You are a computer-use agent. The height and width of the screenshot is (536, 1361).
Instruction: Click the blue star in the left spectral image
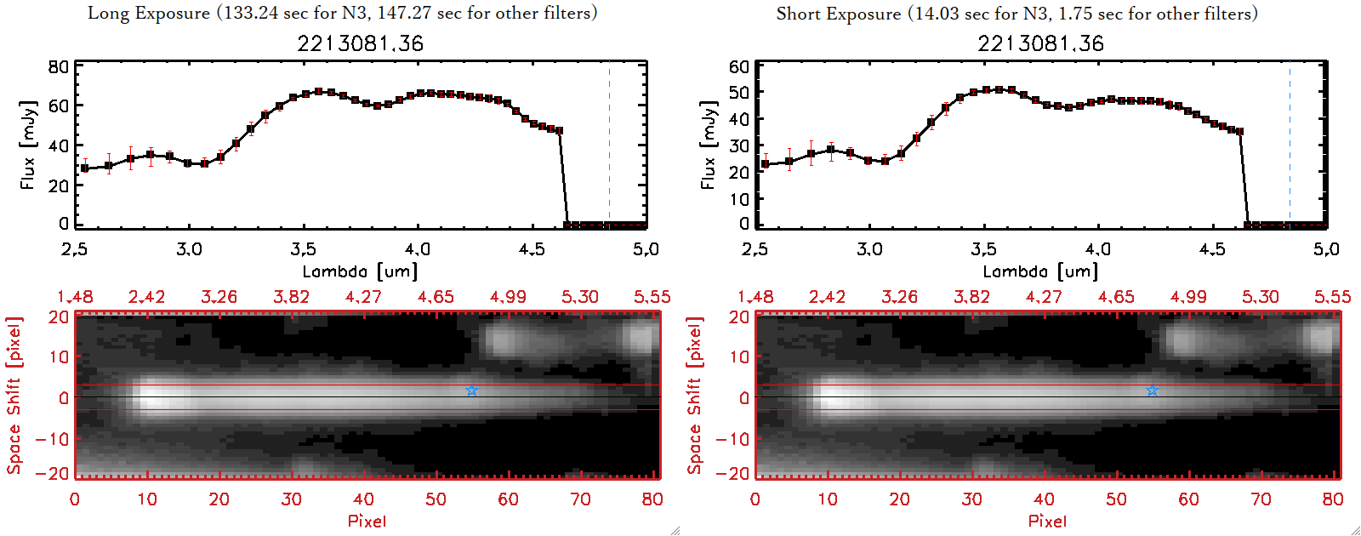click(472, 391)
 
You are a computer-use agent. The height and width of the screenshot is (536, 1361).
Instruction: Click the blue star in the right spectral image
click(1153, 391)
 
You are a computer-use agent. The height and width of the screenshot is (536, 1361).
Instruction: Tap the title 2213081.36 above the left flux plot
click(360, 43)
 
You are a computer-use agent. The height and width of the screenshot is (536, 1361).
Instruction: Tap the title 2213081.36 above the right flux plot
click(1040, 43)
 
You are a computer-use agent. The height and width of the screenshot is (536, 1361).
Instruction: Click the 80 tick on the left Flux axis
click(59, 67)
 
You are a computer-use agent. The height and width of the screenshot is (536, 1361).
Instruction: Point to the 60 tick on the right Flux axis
click(739, 67)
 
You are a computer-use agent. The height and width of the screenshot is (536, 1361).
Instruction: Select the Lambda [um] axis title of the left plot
click(360, 271)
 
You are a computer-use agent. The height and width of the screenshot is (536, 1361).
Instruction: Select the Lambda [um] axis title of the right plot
click(1040, 271)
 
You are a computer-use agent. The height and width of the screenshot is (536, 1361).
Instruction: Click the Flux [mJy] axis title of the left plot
click(28, 145)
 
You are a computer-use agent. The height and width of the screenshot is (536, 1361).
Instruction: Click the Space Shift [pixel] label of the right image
click(695, 396)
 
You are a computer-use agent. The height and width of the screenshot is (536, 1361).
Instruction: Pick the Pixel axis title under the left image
click(367, 521)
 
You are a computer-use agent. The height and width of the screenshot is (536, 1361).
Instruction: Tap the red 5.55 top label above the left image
click(652, 297)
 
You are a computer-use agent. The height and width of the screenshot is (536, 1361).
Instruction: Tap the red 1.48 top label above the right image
click(755, 297)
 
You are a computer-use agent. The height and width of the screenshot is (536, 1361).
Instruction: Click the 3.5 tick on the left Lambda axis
click(303, 249)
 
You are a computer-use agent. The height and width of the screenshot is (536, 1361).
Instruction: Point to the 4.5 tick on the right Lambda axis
click(1212, 249)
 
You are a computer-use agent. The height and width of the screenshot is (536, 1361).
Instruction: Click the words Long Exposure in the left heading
click(149, 13)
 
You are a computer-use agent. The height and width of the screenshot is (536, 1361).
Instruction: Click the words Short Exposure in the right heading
click(838, 14)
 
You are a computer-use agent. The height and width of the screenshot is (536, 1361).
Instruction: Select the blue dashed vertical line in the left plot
click(609, 145)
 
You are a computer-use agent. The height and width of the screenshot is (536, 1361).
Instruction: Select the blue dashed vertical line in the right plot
click(1290, 145)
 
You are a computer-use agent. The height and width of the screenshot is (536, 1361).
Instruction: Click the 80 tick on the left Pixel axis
click(652, 499)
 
